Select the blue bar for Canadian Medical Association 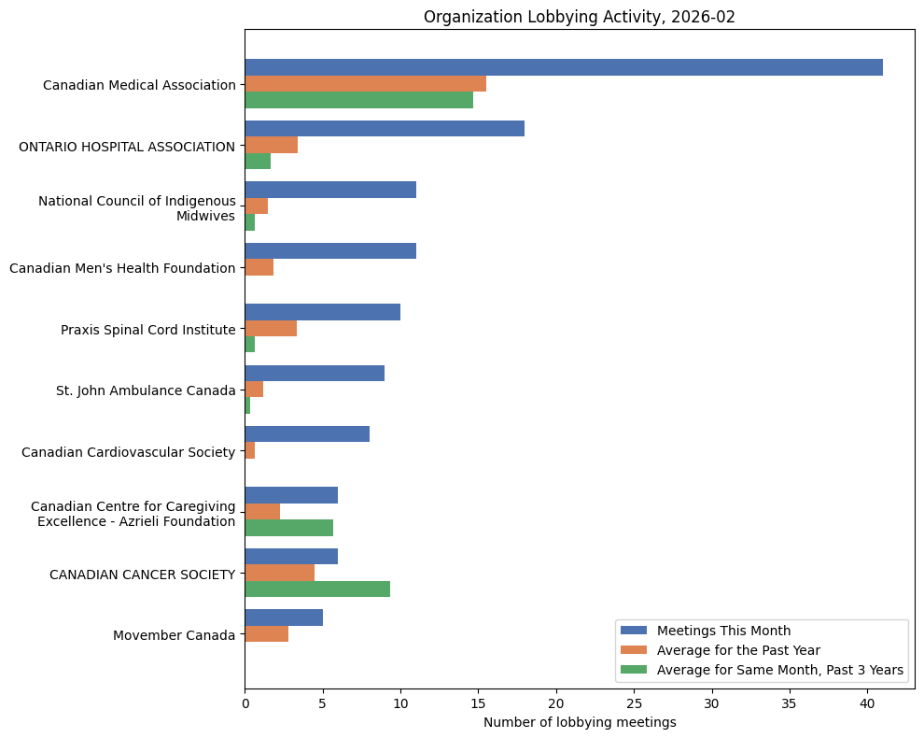[x=564, y=67]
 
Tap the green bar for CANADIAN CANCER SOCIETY [x=317, y=589]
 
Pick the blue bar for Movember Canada [x=284, y=617]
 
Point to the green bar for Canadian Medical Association [x=359, y=100]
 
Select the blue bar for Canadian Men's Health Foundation [x=330, y=251]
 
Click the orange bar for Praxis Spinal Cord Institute [x=271, y=329]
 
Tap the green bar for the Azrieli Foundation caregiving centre [x=289, y=528]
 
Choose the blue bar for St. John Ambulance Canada [x=315, y=374]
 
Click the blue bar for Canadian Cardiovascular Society [x=307, y=434]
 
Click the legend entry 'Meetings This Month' [x=723, y=630]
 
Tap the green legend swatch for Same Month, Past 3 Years [x=634, y=670]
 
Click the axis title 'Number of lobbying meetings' [x=580, y=722]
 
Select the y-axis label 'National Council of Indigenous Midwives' [x=136, y=208]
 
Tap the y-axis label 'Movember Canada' [x=174, y=635]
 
